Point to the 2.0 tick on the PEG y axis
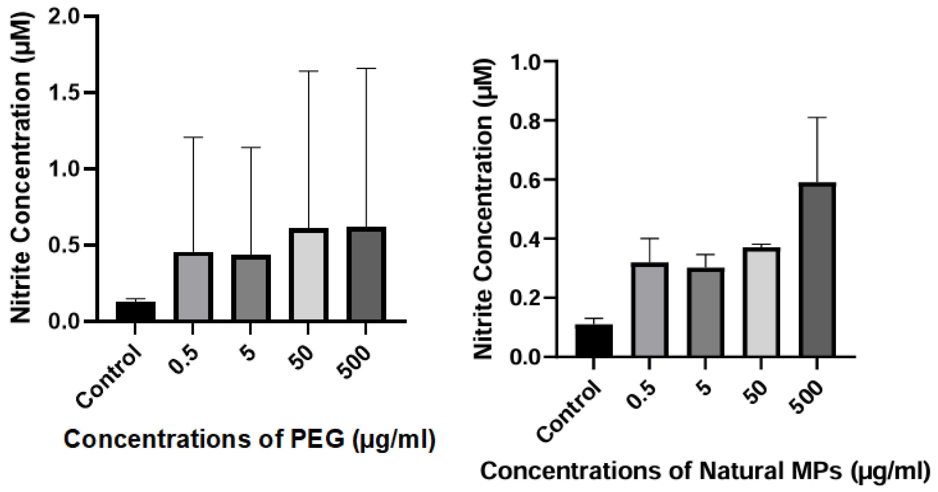[65, 16]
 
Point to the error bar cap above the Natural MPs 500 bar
[817, 118]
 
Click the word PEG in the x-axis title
[317, 439]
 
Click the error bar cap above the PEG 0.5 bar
[193, 138]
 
